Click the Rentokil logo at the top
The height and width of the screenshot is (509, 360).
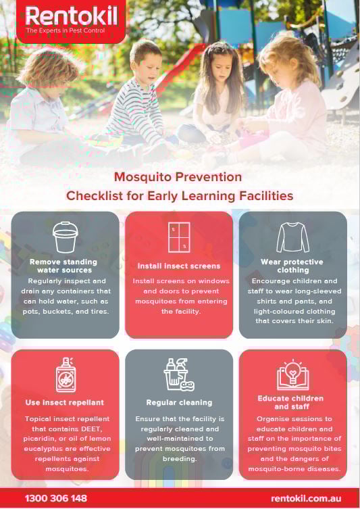pyautogui.click(x=70, y=17)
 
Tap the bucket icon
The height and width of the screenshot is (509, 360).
pyautogui.click(x=65, y=237)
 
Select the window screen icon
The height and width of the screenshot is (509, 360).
pyautogui.click(x=179, y=237)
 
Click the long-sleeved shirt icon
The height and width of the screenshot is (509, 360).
pyautogui.click(x=292, y=237)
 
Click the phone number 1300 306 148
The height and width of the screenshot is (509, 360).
pyautogui.click(x=56, y=498)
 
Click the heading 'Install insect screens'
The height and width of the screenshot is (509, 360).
pyautogui.click(x=179, y=266)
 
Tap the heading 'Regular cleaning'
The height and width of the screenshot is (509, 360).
pyautogui.click(x=179, y=402)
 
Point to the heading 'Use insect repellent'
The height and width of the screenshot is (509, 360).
pyautogui.click(x=65, y=402)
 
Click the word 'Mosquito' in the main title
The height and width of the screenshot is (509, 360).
pyautogui.click(x=140, y=177)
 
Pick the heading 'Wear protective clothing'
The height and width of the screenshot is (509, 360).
pyautogui.click(x=292, y=266)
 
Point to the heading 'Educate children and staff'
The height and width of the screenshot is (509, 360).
pyautogui.click(x=292, y=402)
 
